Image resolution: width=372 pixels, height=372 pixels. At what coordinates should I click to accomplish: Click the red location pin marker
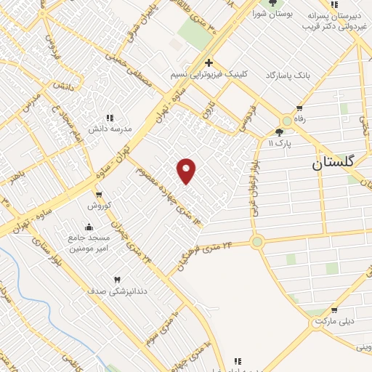coord(187,170)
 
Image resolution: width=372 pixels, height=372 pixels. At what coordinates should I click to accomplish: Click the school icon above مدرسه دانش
coord(110,117)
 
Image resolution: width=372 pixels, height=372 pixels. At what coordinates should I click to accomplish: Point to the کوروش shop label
coord(98,206)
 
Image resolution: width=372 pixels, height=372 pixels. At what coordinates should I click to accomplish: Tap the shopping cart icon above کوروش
coord(98,195)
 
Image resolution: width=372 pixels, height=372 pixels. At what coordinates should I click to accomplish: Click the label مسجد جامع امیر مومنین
coord(89,243)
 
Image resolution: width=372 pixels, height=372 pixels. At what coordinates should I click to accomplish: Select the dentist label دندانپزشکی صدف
coord(118,291)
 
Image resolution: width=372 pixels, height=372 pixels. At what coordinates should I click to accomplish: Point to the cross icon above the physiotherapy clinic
coord(209,63)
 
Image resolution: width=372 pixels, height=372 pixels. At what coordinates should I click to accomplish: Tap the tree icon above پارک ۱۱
coord(280,132)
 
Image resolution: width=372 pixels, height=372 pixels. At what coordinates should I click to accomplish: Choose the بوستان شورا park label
coord(272,13)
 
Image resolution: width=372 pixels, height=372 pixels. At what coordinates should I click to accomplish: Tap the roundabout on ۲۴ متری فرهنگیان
coord(256,242)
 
